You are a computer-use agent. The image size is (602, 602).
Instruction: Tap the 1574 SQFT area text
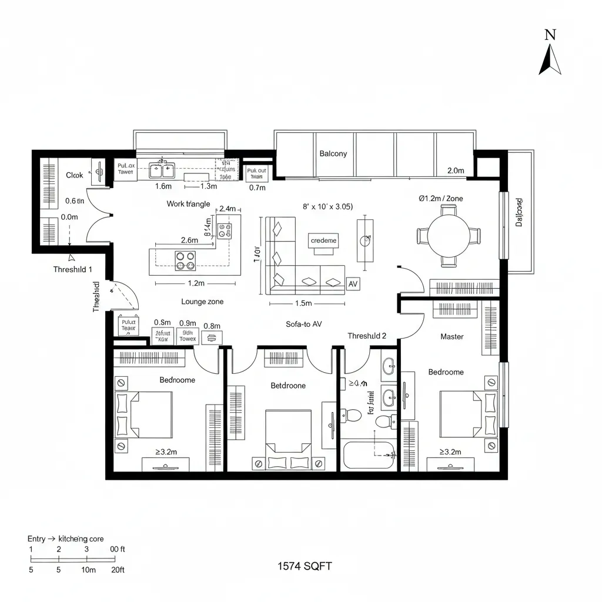[x=305, y=566]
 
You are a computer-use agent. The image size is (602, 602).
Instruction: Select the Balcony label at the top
[x=333, y=153]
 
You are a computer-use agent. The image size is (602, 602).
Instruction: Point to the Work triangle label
[x=188, y=204]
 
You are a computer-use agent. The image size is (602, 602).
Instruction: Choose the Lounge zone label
[x=202, y=302]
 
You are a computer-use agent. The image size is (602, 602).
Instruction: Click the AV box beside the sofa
[x=353, y=284]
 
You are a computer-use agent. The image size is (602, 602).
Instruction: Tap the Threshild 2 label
[x=367, y=336]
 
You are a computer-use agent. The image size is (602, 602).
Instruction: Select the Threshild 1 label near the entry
[x=73, y=269]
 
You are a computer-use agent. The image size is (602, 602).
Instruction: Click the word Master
[x=451, y=337]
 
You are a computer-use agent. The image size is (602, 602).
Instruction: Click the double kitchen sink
[x=161, y=170]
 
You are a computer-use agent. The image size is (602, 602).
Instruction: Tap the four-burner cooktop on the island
[x=186, y=260]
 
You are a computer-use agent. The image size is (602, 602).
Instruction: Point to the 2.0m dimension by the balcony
[x=456, y=170]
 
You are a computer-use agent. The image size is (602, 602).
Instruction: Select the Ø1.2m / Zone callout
[x=440, y=199]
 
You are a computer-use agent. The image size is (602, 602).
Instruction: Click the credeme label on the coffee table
[x=323, y=240]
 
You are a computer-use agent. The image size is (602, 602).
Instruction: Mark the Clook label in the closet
[x=75, y=175]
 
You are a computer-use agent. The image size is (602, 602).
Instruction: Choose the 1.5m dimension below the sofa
[x=302, y=304]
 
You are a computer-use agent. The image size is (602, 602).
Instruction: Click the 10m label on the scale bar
[x=89, y=570]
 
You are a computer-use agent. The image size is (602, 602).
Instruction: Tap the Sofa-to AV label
[x=303, y=324]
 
